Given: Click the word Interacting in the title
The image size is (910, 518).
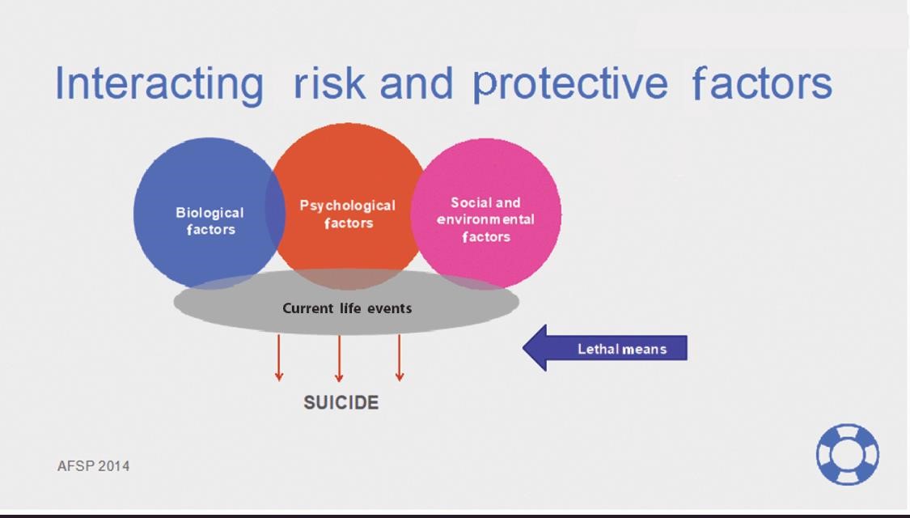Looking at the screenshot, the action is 159,84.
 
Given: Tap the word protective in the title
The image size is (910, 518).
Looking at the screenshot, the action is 570,84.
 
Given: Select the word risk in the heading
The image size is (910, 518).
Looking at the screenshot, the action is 330,83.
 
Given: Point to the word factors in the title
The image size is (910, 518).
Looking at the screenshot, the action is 763,83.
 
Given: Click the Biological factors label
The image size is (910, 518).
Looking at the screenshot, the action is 210,221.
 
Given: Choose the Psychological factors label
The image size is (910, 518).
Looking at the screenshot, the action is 348,214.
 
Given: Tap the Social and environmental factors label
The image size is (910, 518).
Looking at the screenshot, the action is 486,219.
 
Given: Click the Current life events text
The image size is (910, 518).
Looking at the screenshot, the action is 347,308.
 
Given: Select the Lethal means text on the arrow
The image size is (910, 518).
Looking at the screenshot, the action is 622,349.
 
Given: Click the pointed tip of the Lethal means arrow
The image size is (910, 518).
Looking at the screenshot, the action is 523,348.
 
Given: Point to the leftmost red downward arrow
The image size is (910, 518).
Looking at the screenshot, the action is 278,358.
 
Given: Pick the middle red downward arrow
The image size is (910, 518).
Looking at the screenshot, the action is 339,358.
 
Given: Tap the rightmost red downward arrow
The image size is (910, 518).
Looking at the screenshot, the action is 400,358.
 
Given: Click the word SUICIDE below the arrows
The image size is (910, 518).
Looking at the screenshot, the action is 341,402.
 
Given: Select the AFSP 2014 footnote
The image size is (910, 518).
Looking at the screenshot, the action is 94,465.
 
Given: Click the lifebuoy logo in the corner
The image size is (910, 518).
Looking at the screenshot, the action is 848,454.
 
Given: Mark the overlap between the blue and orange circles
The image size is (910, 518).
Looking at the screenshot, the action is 275,212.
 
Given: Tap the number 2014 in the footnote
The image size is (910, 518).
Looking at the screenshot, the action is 114,465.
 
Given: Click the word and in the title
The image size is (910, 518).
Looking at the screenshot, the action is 416,83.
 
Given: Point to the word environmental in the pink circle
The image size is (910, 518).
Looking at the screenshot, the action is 486,219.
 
